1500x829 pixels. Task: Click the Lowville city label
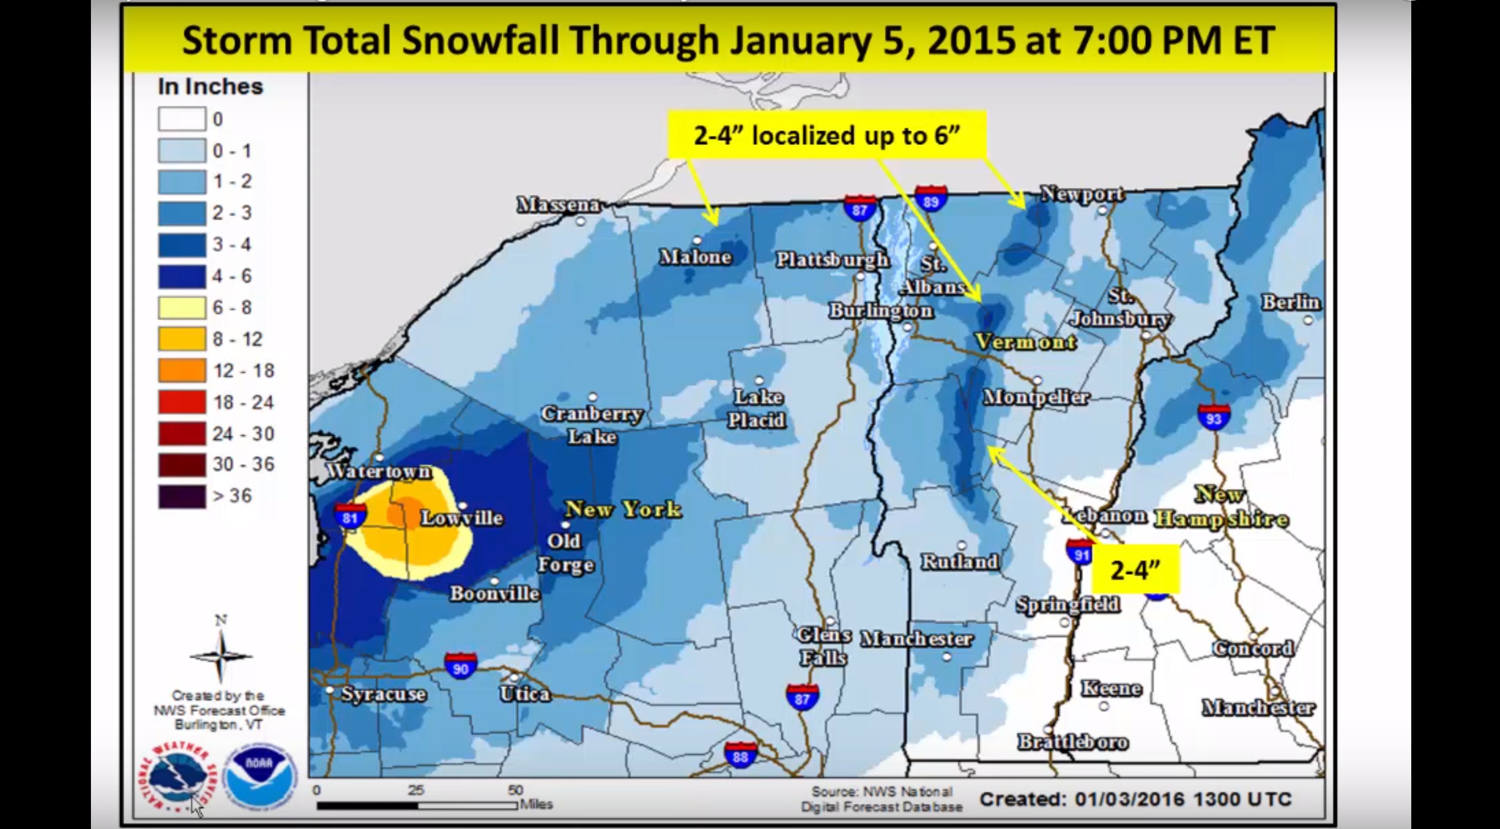tap(461, 517)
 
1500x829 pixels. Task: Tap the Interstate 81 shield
tap(350, 516)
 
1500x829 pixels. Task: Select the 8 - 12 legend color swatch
tap(182, 339)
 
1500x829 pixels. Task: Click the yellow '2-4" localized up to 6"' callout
tap(826, 135)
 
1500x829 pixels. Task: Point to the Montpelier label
tap(1036, 398)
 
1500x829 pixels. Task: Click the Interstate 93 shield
tap(1213, 417)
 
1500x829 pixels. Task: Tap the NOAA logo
tap(260, 775)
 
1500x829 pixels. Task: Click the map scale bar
tap(416, 805)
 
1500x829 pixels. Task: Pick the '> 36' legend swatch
tap(182, 497)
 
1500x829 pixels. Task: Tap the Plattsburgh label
tap(832, 260)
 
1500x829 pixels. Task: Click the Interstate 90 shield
tap(461, 666)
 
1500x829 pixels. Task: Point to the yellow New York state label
tap(623, 509)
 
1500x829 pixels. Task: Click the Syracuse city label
tap(383, 694)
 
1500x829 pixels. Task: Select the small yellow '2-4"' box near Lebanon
tap(1135, 570)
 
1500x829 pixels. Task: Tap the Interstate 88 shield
tap(740, 755)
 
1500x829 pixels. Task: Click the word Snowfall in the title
tap(480, 40)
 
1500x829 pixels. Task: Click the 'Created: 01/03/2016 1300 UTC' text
tap(1135, 799)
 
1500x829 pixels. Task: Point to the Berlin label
tap(1290, 302)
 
